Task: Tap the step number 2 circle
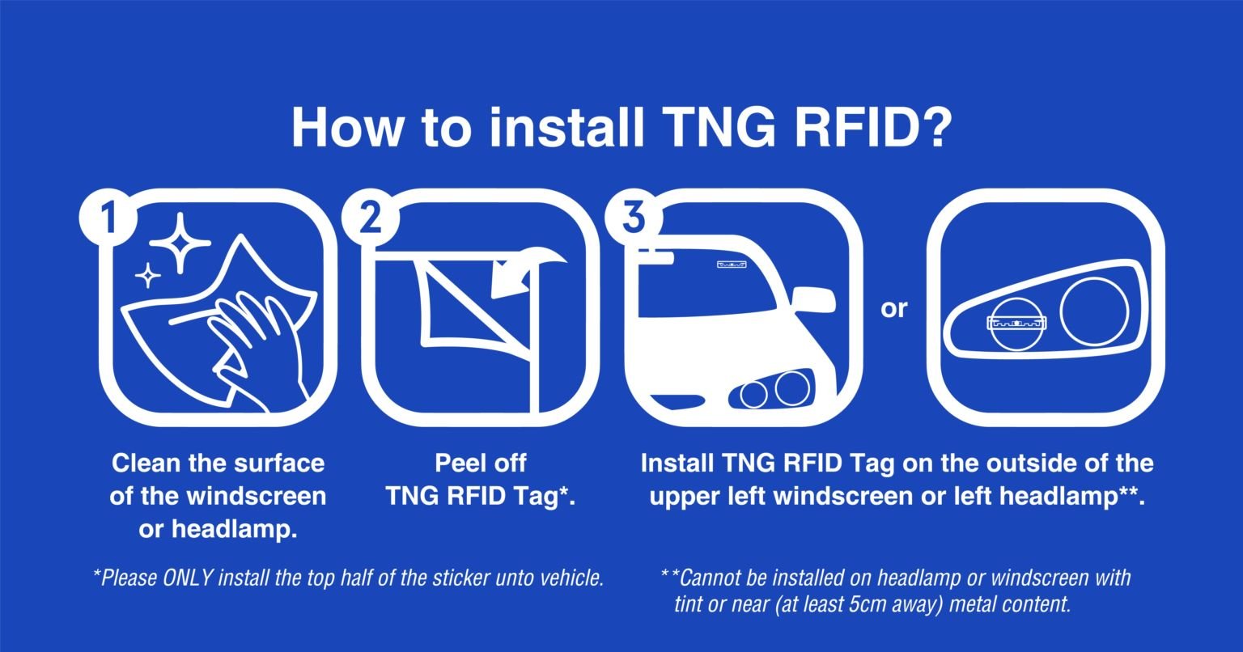369,216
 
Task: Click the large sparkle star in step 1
182,243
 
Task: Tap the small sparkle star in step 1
147,276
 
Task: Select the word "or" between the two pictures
893,308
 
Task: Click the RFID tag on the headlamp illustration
1017,323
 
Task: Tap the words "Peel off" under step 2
481,464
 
